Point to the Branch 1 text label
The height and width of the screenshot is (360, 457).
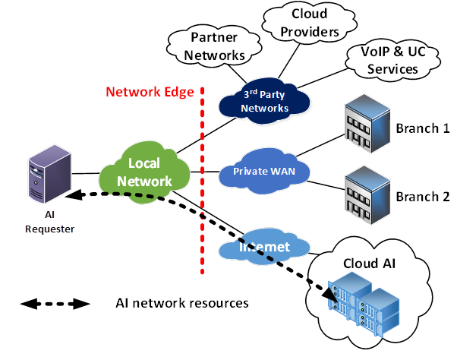[x=422, y=128]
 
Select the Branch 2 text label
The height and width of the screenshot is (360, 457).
[x=422, y=197]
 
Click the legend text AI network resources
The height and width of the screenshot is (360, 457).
[x=181, y=303]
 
